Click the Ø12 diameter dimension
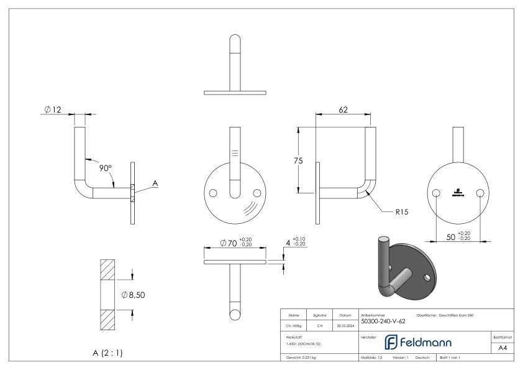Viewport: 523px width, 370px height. click(x=53, y=110)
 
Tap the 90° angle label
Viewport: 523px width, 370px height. click(x=106, y=168)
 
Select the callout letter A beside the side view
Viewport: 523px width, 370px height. click(x=155, y=183)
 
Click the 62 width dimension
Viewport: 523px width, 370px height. click(x=343, y=109)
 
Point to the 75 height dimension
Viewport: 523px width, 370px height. click(x=299, y=160)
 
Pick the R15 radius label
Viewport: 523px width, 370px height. click(x=402, y=211)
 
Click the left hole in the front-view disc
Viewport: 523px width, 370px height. click(x=214, y=193)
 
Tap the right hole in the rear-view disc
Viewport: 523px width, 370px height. click(x=480, y=193)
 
